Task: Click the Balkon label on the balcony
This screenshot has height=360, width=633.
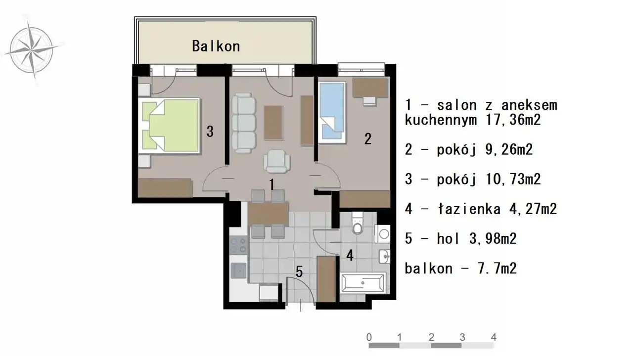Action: (x=216, y=46)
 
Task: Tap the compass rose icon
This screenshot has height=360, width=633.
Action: (x=32, y=49)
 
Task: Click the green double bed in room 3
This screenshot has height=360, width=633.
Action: (x=169, y=126)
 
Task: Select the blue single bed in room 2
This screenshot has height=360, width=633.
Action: (x=332, y=112)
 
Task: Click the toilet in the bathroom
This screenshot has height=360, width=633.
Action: (x=358, y=224)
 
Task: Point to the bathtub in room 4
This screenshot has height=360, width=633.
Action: (x=363, y=282)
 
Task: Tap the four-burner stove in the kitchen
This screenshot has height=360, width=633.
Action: (x=238, y=245)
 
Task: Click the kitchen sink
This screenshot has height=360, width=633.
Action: (x=238, y=270)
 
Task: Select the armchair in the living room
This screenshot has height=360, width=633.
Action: (x=276, y=161)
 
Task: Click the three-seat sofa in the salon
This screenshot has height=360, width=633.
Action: (x=244, y=123)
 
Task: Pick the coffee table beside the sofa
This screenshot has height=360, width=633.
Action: (x=273, y=123)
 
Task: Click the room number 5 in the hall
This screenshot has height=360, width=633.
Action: (x=299, y=272)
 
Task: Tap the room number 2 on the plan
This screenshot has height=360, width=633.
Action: (x=367, y=139)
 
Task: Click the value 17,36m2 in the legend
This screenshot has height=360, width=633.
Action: (x=513, y=120)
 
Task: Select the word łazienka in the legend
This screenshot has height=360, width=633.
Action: (x=469, y=209)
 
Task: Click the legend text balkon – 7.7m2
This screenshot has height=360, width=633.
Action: (x=460, y=268)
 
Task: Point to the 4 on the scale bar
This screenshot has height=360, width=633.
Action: (x=494, y=337)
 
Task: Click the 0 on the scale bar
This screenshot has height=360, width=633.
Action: (x=369, y=337)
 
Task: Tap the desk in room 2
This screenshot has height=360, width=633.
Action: (x=370, y=88)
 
